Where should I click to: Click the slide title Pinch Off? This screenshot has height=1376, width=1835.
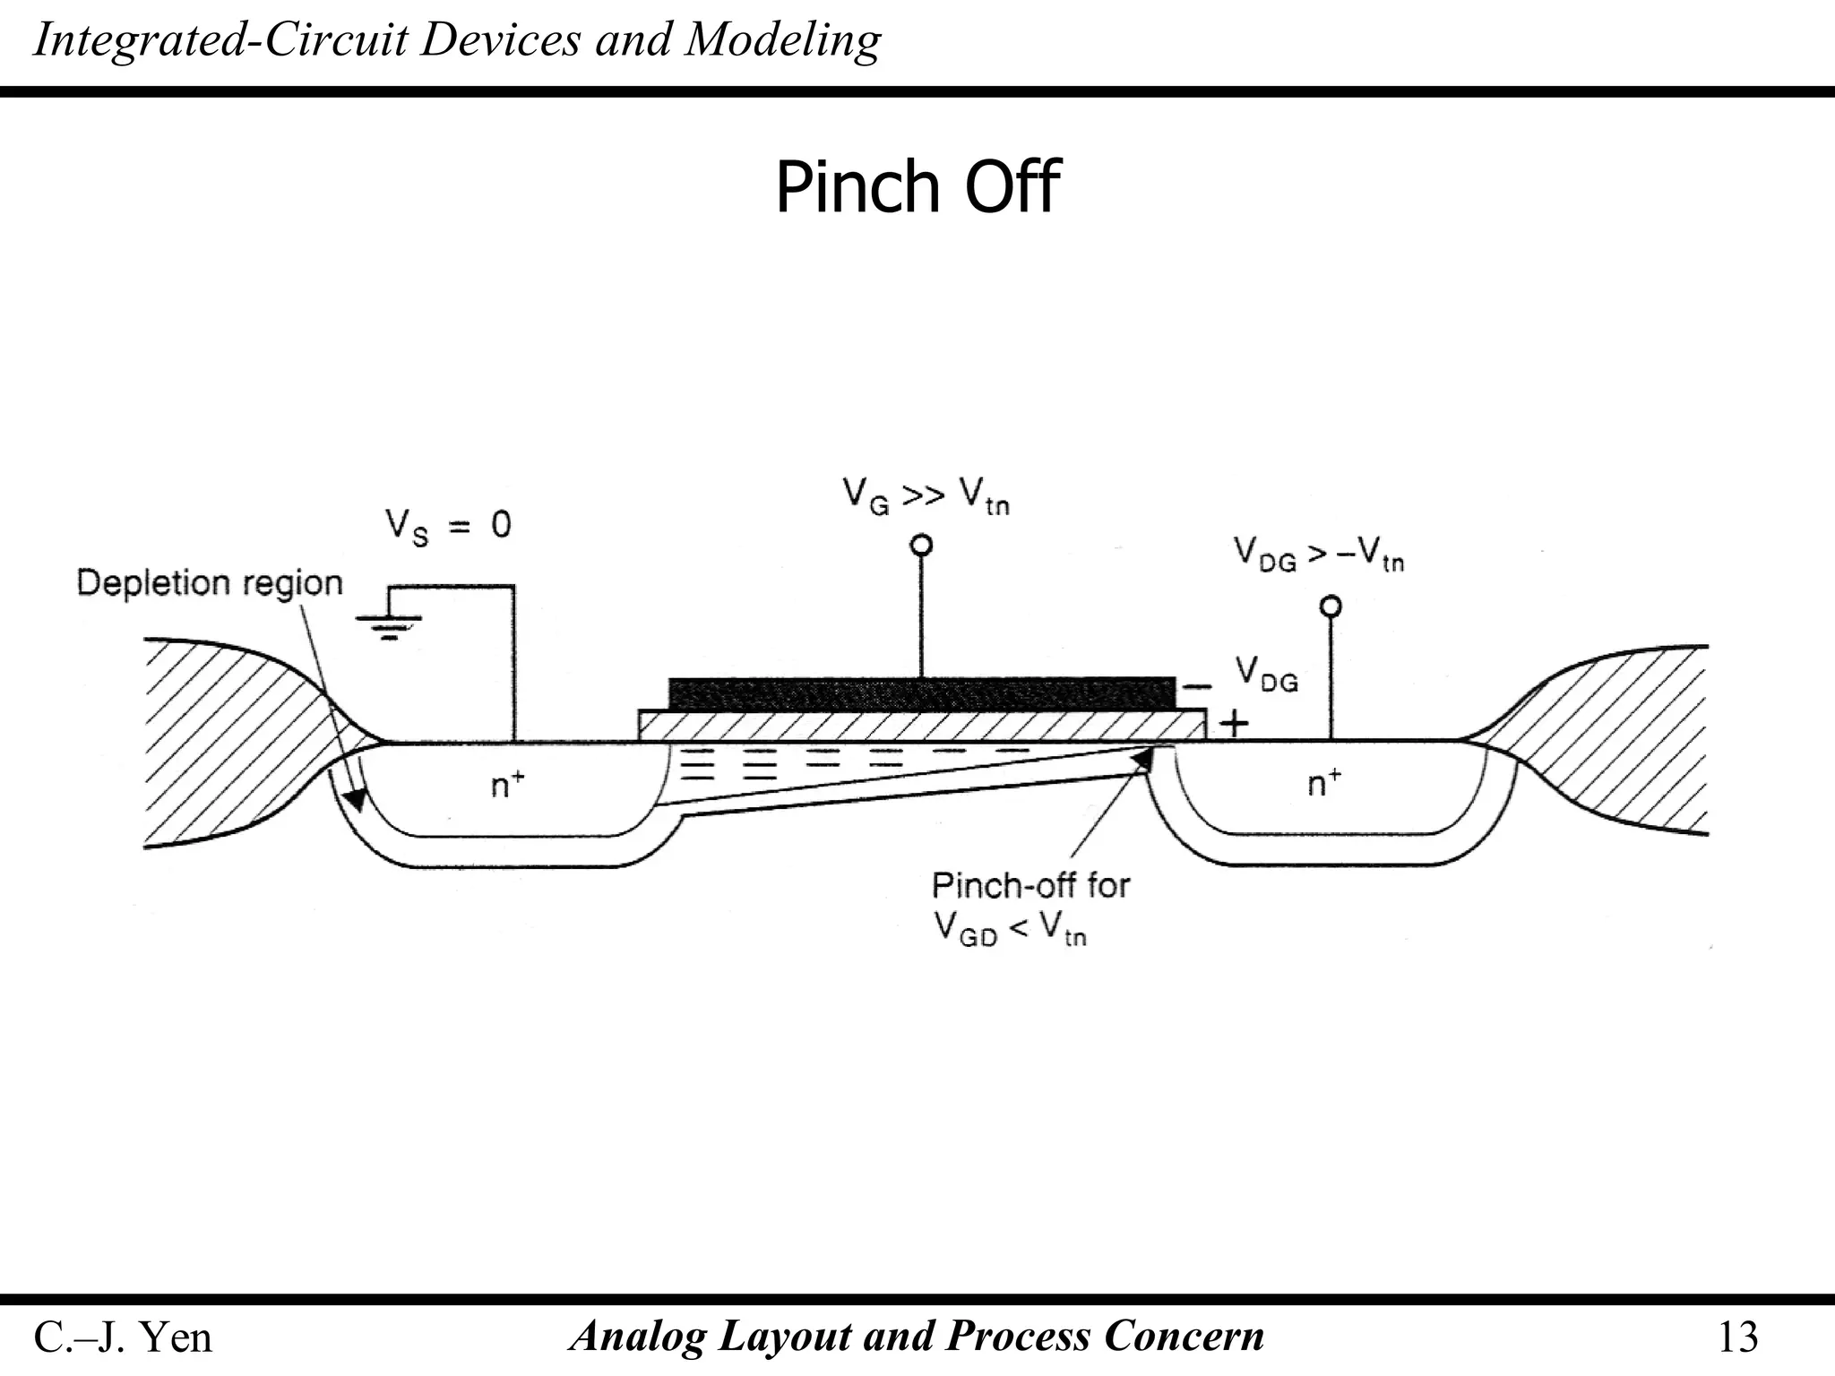[x=917, y=187]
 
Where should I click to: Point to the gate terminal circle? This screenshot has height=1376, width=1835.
[x=921, y=545]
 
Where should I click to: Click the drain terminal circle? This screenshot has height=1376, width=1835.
[x=1331, y=606]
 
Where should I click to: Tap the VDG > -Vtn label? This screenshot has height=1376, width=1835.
[x=1318, y=555]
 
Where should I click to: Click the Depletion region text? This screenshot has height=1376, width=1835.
[x=210, y=583]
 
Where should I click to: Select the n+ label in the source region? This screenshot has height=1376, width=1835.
[x=507, y=785]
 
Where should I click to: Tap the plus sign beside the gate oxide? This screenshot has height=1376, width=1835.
[x=1235, y=723]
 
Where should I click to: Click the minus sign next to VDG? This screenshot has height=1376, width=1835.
[x=1196, y=687]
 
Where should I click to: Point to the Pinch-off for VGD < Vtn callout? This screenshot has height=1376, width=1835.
[x=1030, y=907]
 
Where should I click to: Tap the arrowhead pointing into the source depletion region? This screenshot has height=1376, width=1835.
[x=358, y=795]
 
